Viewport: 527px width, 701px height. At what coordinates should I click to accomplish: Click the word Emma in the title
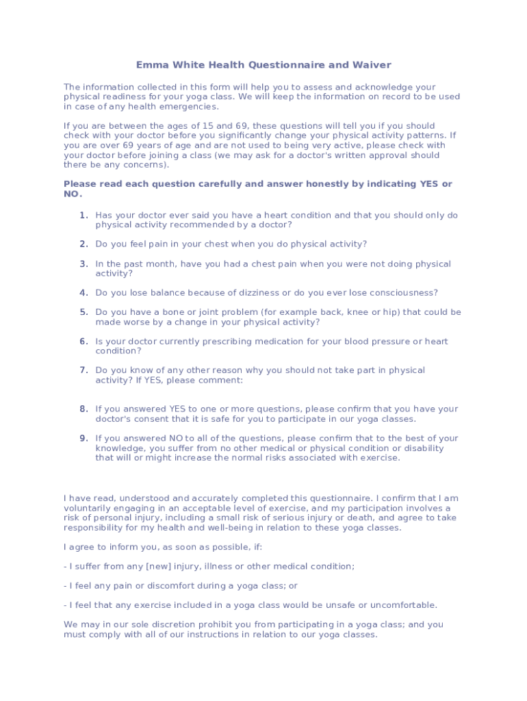[150, 65]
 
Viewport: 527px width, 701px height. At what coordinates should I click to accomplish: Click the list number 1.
[83, 215]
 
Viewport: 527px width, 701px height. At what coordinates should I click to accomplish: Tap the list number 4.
[83, 293]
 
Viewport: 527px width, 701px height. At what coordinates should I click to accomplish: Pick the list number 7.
[83, 370]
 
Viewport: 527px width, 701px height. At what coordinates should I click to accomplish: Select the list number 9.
[83, 438]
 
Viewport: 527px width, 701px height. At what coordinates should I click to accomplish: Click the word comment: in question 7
[222, 380]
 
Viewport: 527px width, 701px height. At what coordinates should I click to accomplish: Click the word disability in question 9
[423, 448]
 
